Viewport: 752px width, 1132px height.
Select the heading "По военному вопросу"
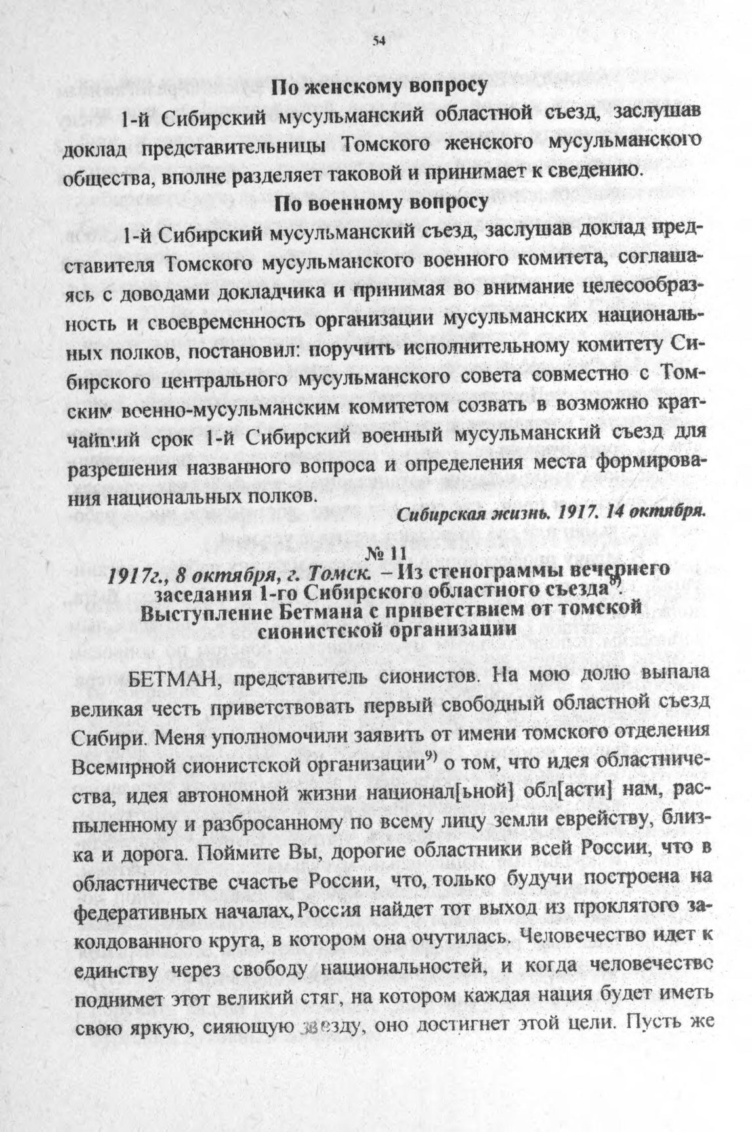pyautogui.click(x=381, y=202)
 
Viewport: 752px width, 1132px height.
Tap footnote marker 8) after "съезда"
pyautogui.click(x=614, y=582)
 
